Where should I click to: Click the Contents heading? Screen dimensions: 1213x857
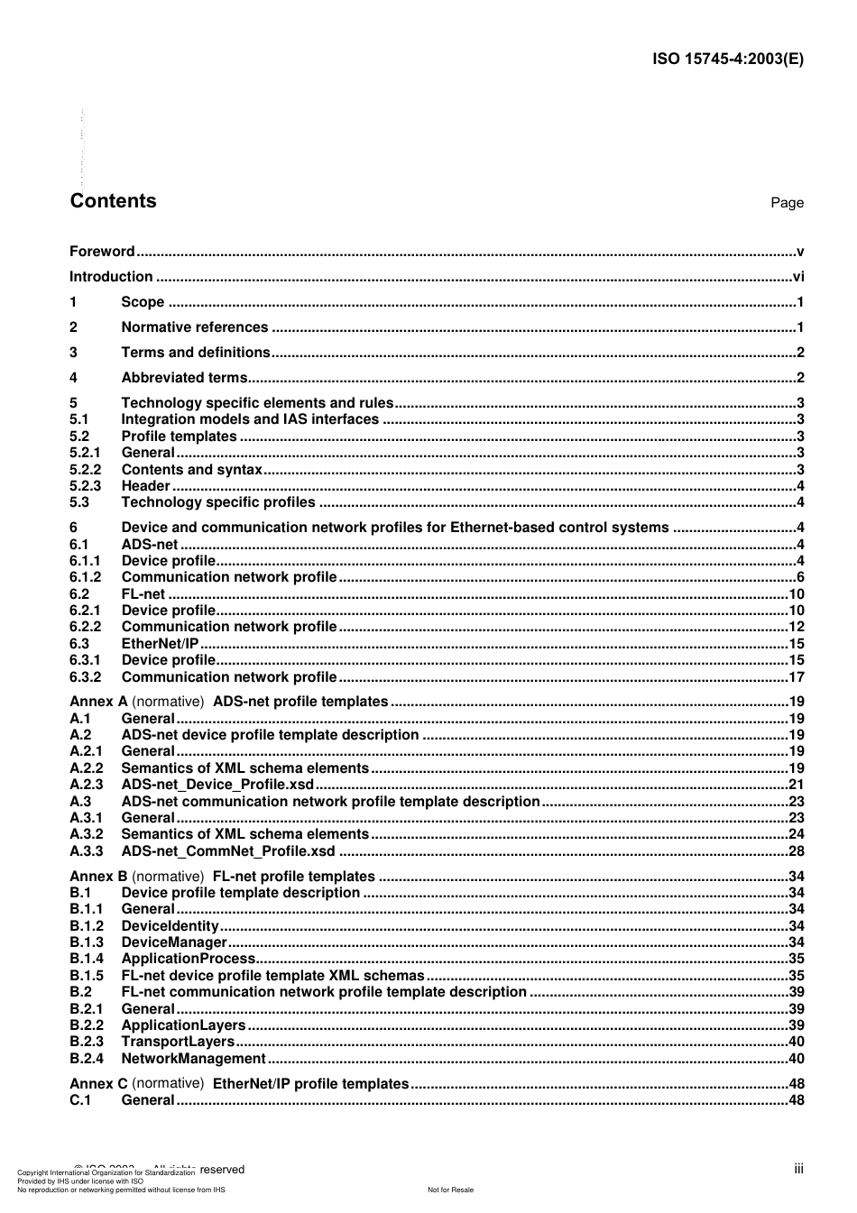[x=113, y=201]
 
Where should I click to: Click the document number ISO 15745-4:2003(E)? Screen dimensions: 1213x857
[x=727, y=60]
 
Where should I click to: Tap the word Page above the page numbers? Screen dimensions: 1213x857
[x=787, y=203]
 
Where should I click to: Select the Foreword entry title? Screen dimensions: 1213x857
[x=102, y=252]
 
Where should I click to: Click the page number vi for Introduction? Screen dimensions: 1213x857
[x=797, y=277]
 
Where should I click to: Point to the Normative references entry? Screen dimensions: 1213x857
[x=195, y=327]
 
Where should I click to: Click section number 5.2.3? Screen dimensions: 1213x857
[x=86, y=486]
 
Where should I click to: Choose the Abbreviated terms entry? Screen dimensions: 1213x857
[x=184, y=378]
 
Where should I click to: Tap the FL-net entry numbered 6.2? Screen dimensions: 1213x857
[x=143, y=594]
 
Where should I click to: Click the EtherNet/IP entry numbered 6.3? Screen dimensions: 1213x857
[x=160, y=644]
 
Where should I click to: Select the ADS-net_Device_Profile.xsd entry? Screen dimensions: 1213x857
[x=217, y=785]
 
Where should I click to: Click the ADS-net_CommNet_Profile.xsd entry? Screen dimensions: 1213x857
[x=228, y=851]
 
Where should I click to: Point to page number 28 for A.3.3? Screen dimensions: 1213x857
[x=796, y=851]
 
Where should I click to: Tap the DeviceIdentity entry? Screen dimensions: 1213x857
[x=170, y=926]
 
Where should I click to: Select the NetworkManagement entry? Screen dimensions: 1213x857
[x=193, y=1059]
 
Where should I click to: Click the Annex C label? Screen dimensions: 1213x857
[x=98, y=1084]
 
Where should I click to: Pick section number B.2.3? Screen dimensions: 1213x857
[x=87, y=1042]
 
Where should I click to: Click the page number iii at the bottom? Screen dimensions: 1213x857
[x=798, y=1169]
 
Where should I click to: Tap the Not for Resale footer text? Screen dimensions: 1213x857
[x=450, y=1190]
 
